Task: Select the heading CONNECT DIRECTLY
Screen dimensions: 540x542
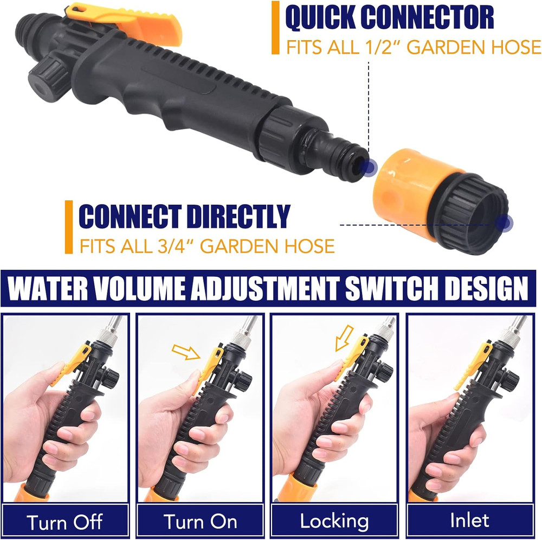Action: tap(184, 217)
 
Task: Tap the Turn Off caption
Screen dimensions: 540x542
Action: tap(64, 522)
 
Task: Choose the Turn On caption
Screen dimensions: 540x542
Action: tap(200, 522)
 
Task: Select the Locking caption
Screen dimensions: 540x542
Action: tap(334, 522)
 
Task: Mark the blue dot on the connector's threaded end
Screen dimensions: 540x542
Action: tap(505, 222)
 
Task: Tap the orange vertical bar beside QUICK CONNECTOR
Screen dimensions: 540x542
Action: tap(276, 28)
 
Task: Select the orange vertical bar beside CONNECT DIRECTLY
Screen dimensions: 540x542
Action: tap(68, 227)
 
